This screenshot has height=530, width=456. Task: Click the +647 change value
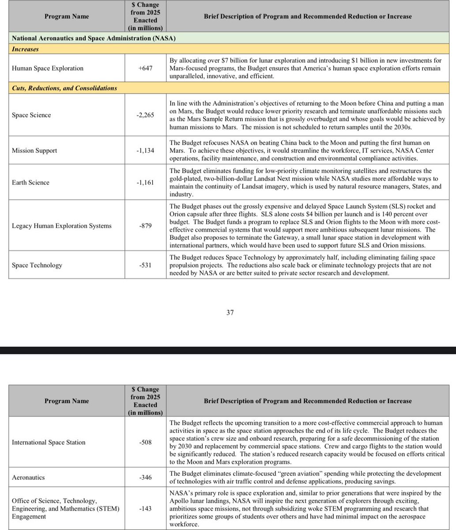(145, 68)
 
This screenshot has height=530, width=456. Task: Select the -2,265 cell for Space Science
(145, 115)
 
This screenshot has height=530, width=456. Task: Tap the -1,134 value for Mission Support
(145, 151)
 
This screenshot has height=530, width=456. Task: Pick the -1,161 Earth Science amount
(145, 182)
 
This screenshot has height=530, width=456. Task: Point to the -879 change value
(145, 226)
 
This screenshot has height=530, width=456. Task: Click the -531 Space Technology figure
(145, 265)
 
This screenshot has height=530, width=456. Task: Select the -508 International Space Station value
(145, 442)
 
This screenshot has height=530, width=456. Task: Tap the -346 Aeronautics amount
(145, 477)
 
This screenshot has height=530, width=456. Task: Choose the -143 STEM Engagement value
(145, 508)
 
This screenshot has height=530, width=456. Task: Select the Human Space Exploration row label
(48, 68)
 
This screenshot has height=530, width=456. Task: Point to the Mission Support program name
(34, 151)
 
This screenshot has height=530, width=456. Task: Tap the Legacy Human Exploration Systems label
(62, 226)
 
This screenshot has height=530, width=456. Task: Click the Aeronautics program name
(28, 477)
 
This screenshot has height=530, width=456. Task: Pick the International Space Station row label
(49, 442)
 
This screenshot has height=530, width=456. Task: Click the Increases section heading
(25, 49)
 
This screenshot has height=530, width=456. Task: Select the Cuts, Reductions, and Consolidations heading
(64, 88)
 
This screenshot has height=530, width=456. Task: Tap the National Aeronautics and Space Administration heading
(94, 38)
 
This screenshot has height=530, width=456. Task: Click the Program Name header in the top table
(67, 16)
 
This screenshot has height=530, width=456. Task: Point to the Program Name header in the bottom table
(67, 401)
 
